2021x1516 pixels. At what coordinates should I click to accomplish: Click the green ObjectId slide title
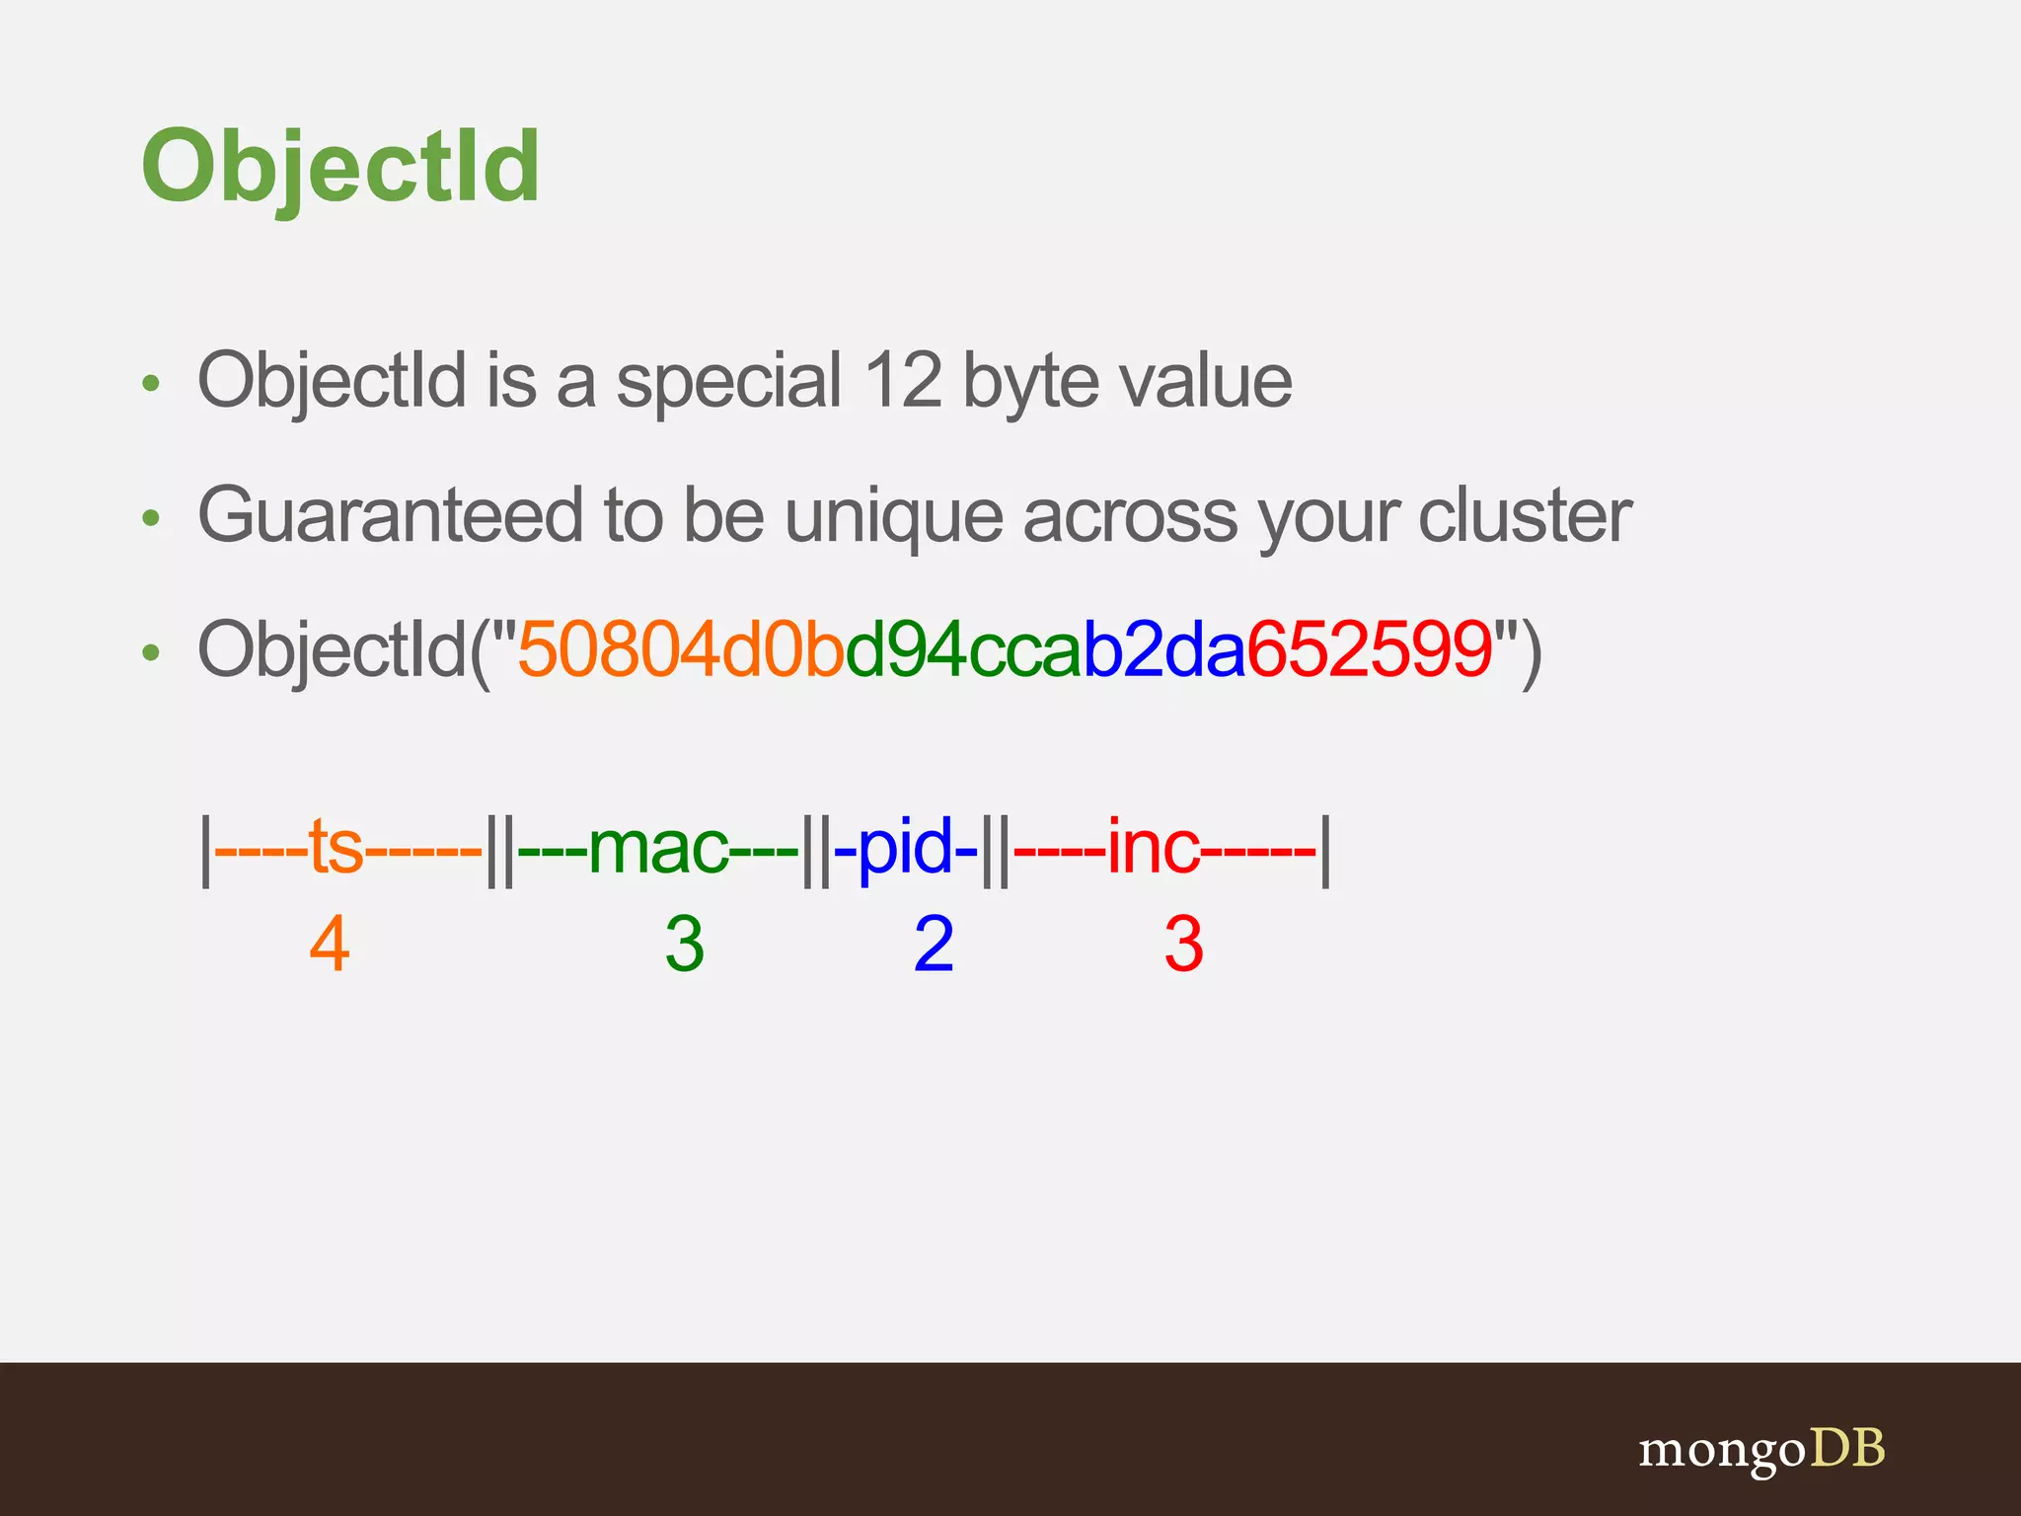click(340, 168)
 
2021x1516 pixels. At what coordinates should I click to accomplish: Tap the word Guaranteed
click(391, 515)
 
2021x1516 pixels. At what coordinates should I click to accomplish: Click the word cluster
click(1524, 515)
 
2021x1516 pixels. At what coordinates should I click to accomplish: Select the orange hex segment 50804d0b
click(681, 650)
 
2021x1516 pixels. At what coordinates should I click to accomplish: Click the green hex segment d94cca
click(963, 650)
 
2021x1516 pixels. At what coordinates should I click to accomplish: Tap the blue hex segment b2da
click(1163, 650)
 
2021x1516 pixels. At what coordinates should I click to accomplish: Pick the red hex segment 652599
click(1370, 650)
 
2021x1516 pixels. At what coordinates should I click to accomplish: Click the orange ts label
click(336, 847)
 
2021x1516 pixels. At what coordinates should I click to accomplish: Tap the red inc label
click(1153, 847)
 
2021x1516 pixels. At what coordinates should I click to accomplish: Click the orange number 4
click(330, 945)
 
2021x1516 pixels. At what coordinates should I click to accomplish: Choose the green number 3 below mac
click(684, 945)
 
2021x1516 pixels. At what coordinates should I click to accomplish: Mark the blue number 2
click(934, 945)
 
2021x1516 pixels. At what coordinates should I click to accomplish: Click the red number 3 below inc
click(1183, 945)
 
